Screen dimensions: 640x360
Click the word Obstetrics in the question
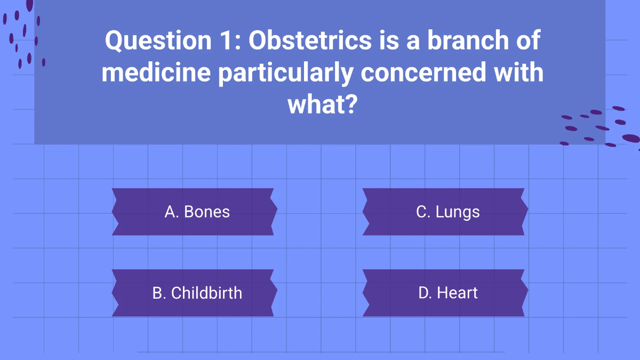coord(310,40)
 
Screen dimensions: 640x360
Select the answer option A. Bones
coord(194,212)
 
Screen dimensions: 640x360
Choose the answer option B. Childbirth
coord(194,293)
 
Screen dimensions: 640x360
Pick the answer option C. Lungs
coord(445,212)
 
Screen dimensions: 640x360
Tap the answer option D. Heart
coord(445,293)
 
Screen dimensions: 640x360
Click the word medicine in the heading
coord(156,72)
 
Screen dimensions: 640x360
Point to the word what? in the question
coord(323,104)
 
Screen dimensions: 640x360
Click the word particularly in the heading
coord(286,74)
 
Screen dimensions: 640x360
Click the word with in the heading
coord(518,72)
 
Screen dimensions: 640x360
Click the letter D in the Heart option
coord(425,293)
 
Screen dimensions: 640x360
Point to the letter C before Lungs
coord(423,212)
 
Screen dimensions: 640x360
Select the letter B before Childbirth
coord(159,293)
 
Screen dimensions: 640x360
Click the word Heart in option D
coord(457,293)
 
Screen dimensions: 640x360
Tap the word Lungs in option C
coord(458,213)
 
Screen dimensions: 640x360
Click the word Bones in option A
coord(207,212)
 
